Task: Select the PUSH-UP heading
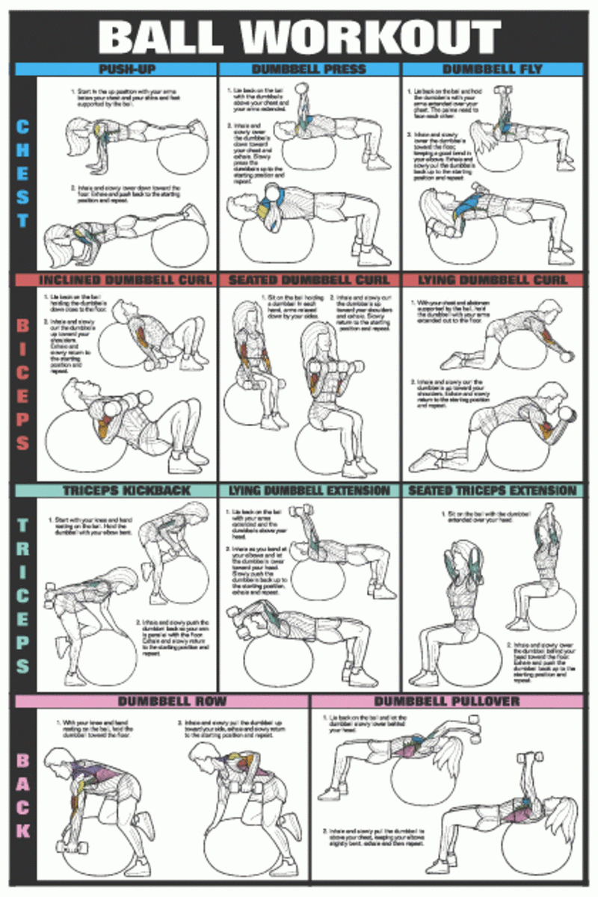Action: pyautogui.click(x=116, y=70)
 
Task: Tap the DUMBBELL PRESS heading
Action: pyautogui.click(x=309, y=70)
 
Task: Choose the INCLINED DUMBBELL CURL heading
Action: pyautogui.click(x=116, y=280)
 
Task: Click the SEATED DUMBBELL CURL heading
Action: pyautogui.click(x=309, y=280)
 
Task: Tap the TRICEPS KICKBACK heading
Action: pyautogui.click(x=116, y=490)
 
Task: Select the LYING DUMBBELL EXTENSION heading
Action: pyautogui.click(x=309, y=490)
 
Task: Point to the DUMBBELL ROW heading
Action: pyautogui.click(x=161, y=701)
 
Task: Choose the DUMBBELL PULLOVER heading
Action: pyautogui.click(x=446, y=701)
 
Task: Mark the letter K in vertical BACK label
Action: pyautogui.click(x=23, y=830)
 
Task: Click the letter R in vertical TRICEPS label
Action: pyautogui.click(x=23, y=547)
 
